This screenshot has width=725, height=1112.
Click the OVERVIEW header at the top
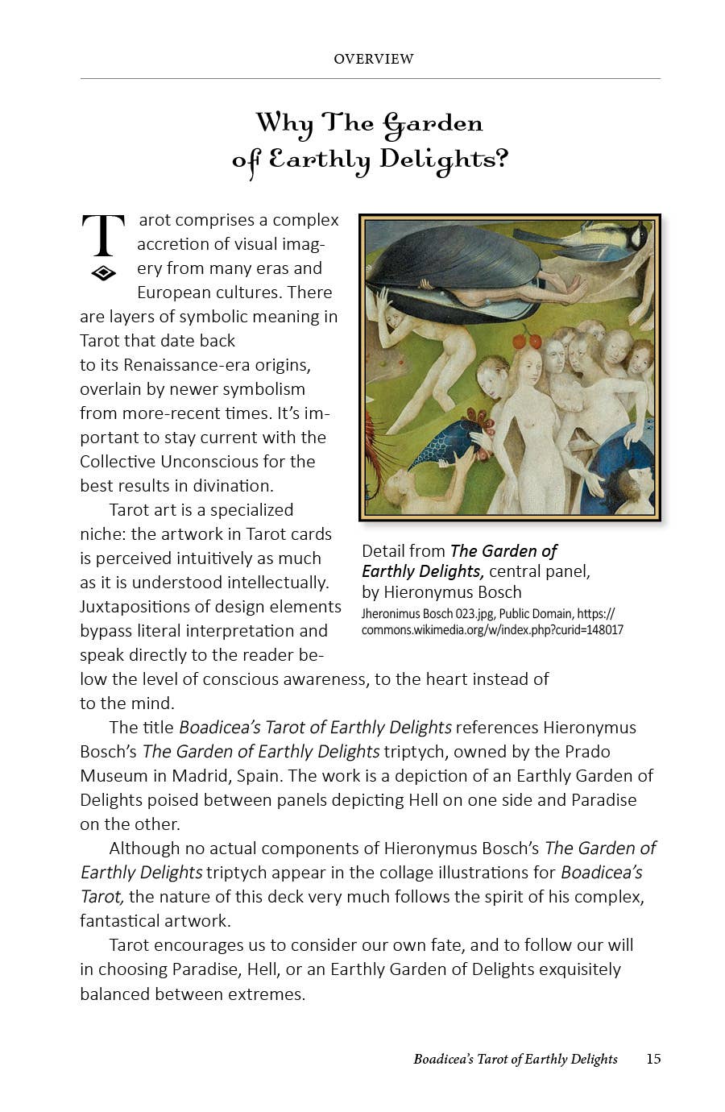pyautogui.click(x=373, y=59)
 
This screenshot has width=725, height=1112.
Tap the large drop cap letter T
pyautogui.click(x=103, y=235)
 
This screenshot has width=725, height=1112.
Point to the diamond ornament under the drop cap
pyautogui.click(x=103, y=273)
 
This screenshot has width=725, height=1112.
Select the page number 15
pyautogui.click(x=653, y=1059)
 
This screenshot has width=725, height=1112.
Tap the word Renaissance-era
pyautogui.click(x=165, y=365)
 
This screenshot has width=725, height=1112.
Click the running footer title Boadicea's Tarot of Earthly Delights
pyautogui.click(x=516, y=1059)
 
